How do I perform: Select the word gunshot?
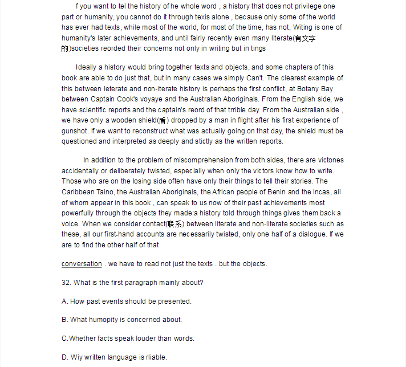[76, 131]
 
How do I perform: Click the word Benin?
[279, 192]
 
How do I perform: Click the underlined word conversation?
[82, 264]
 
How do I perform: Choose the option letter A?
[64, 301]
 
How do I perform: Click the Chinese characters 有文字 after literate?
[305, 38]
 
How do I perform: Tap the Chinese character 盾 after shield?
[163, 120]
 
